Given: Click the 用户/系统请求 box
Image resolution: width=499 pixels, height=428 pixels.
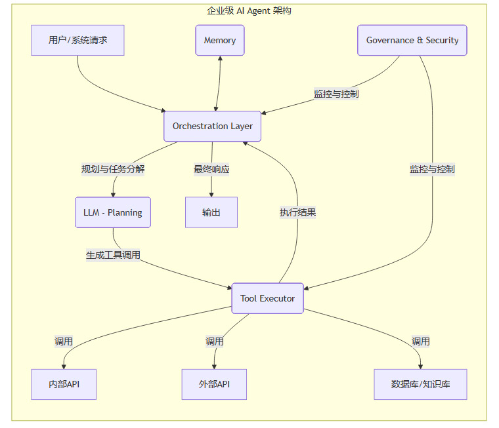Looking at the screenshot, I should (x=77, y=40).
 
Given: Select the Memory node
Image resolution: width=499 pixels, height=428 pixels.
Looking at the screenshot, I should (x=219, y=40).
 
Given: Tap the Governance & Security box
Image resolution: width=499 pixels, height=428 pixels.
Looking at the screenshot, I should (x=412, y=40).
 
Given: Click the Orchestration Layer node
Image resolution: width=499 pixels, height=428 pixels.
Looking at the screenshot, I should (x=212, y=126).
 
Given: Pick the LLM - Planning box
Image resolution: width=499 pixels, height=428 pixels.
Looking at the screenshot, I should (x=113, y=212).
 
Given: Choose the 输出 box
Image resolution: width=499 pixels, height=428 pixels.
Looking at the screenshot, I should (x=211, y=212).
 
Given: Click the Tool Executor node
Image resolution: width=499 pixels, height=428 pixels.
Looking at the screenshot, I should (x=267, y=298).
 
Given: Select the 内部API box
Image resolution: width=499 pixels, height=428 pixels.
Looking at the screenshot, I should (x=64, y=384).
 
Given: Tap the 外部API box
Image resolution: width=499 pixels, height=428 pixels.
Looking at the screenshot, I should (x=214, y=384).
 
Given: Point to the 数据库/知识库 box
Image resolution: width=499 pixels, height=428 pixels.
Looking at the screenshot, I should (x=420, y=384).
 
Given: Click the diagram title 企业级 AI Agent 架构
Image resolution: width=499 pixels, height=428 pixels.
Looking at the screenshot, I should (x=249, y=10).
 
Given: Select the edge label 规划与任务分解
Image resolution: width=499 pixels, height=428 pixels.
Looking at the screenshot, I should (x=113, y=169).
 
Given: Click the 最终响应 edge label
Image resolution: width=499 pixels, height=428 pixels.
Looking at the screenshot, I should (x=211, y=169).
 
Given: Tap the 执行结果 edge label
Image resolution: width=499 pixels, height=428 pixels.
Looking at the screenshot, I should (x=298, y=212).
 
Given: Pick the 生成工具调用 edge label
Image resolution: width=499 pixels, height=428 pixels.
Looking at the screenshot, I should (x=113, y=255).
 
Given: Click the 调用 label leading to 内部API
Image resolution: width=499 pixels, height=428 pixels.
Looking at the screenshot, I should (x=64, y=341).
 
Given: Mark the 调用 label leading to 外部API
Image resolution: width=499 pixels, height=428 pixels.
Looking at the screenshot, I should (x=215, y=341).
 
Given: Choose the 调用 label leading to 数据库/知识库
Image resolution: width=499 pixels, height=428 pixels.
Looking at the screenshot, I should (x=421, y=341).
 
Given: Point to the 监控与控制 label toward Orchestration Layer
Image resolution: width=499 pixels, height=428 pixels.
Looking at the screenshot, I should (x=336, y=94).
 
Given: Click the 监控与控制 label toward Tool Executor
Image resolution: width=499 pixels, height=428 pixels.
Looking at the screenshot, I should (x=432, y=169).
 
